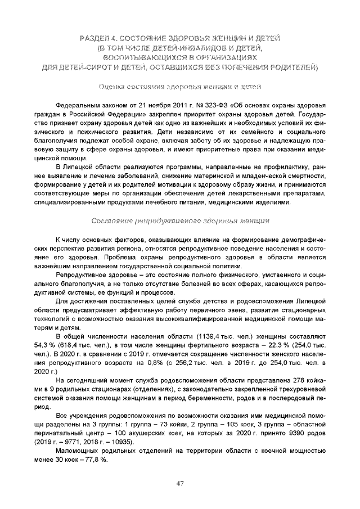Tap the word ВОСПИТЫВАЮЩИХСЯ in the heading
point(145,58)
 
